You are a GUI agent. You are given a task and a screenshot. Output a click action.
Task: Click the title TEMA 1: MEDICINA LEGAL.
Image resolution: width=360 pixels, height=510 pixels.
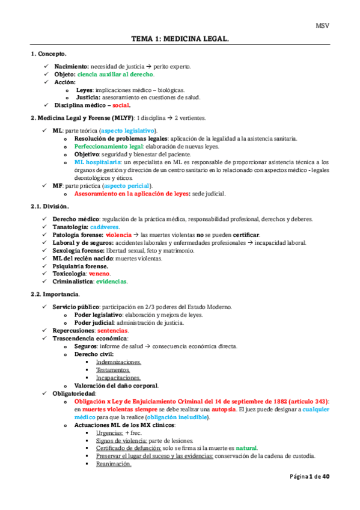pyautogui.click(x=180, y=40)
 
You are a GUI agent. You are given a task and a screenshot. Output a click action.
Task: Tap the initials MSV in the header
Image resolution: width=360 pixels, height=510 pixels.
pyautogui.click(x=323, y=25)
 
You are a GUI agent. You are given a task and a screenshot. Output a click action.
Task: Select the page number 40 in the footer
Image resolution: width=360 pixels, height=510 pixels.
pyautogui.click(x=326, y=493)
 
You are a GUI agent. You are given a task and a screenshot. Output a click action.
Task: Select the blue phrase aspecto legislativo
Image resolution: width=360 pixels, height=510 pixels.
pyautogui.click(x=128, y=130)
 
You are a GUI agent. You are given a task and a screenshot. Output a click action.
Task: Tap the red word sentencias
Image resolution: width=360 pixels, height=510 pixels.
pyautogui.click(x=112, y=330)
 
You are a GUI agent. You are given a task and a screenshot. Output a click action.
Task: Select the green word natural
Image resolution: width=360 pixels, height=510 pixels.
pyautogui.click(x=246, y=447)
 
